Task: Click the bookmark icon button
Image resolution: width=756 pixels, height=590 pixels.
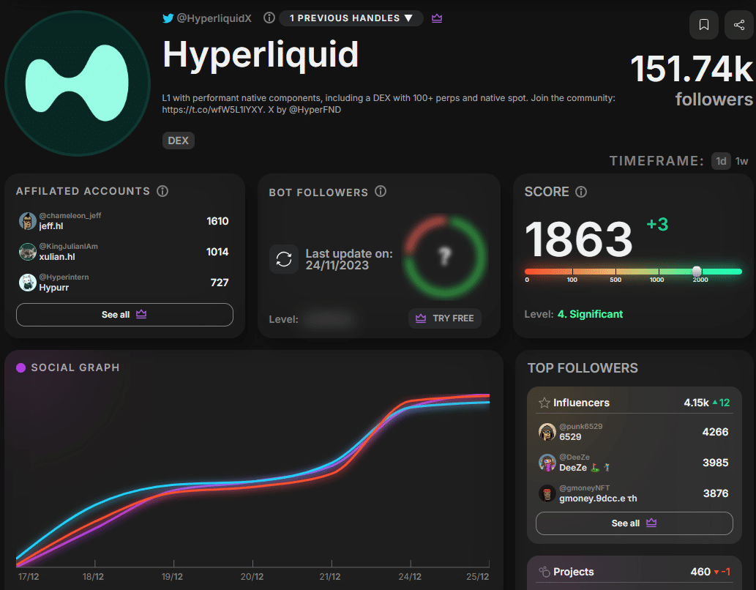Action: click(704, 25)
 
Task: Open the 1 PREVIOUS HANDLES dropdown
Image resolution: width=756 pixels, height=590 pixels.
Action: click(351, 18)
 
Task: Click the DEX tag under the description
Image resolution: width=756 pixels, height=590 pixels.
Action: click(179, 141)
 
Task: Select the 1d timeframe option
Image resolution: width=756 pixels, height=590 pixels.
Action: click(722, 161)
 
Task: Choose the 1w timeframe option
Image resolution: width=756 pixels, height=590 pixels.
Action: click(742, 161)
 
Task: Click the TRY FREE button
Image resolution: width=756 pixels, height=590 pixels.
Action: click(445, 318)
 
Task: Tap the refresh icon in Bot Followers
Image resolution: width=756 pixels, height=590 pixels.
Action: click(283, 259)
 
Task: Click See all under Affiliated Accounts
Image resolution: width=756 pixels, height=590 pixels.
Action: click(124, 315)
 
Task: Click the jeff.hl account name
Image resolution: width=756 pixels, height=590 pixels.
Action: click(50, 226)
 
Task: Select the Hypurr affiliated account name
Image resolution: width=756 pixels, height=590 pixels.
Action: click(53, 288)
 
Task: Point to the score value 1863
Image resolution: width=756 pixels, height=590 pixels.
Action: click(578, 239)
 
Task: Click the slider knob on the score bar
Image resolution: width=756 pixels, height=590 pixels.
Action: click(697, 271)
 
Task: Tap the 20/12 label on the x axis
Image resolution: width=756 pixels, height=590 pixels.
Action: click(252, 576)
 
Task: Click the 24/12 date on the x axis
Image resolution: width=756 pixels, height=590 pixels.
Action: click(411, 576)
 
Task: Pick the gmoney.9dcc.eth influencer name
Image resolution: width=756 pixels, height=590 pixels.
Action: click(598, 498)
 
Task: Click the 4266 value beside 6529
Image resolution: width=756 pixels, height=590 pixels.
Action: click(715, 432)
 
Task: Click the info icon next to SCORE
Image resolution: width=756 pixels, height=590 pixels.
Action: click(581, 192)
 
